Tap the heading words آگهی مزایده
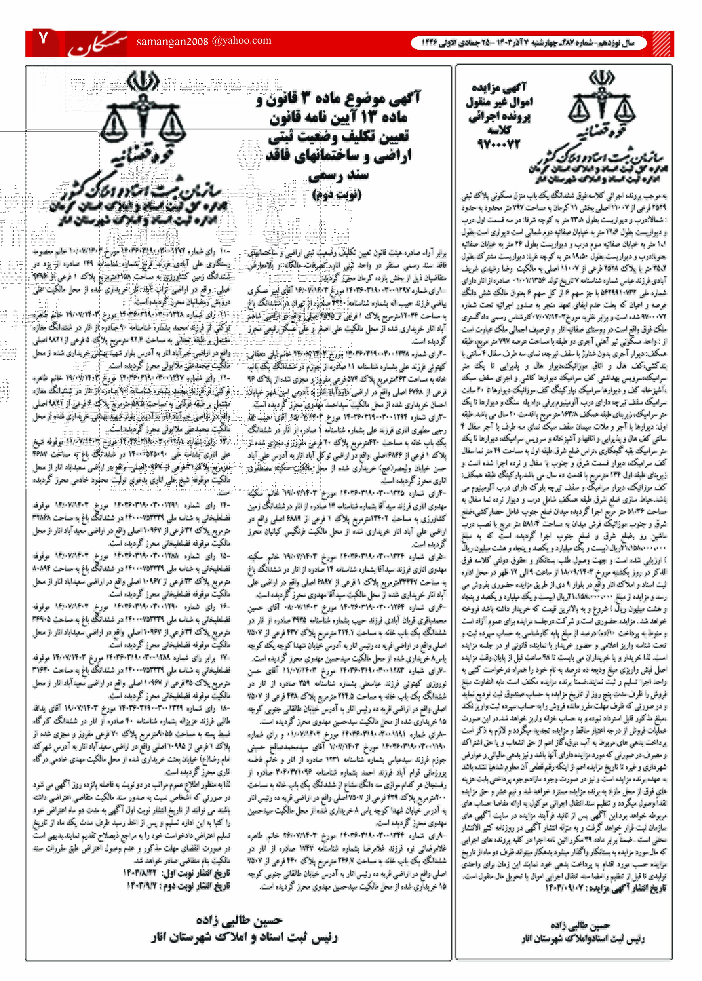pos(499,88)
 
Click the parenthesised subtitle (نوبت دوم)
pos(337,194)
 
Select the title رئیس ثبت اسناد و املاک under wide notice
pos(244,937)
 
